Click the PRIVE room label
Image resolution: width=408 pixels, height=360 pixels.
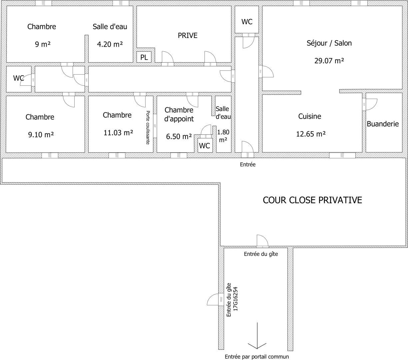188,35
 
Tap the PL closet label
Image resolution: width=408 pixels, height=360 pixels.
144,57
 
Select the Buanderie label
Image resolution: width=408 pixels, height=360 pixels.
383,124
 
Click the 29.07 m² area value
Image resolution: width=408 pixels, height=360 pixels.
329,61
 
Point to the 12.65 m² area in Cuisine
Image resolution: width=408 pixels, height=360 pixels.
311,134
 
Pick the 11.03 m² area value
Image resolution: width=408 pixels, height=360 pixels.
118,133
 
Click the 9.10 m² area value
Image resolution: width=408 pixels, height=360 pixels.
41,135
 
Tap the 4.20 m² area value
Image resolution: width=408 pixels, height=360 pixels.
110,44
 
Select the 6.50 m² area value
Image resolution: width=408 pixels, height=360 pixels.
179,137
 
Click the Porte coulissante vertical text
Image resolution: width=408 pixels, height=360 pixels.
148,127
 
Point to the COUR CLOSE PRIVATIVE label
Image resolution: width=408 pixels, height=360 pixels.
312,200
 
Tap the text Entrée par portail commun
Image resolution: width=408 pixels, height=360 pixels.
257,357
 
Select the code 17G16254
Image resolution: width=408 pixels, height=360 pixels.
235,299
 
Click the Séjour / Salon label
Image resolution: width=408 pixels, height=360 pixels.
329,43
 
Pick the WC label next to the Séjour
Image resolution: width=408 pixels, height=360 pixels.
247,22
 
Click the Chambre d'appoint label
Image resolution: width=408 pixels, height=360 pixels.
179,114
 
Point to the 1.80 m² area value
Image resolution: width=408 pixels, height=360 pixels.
223,136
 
